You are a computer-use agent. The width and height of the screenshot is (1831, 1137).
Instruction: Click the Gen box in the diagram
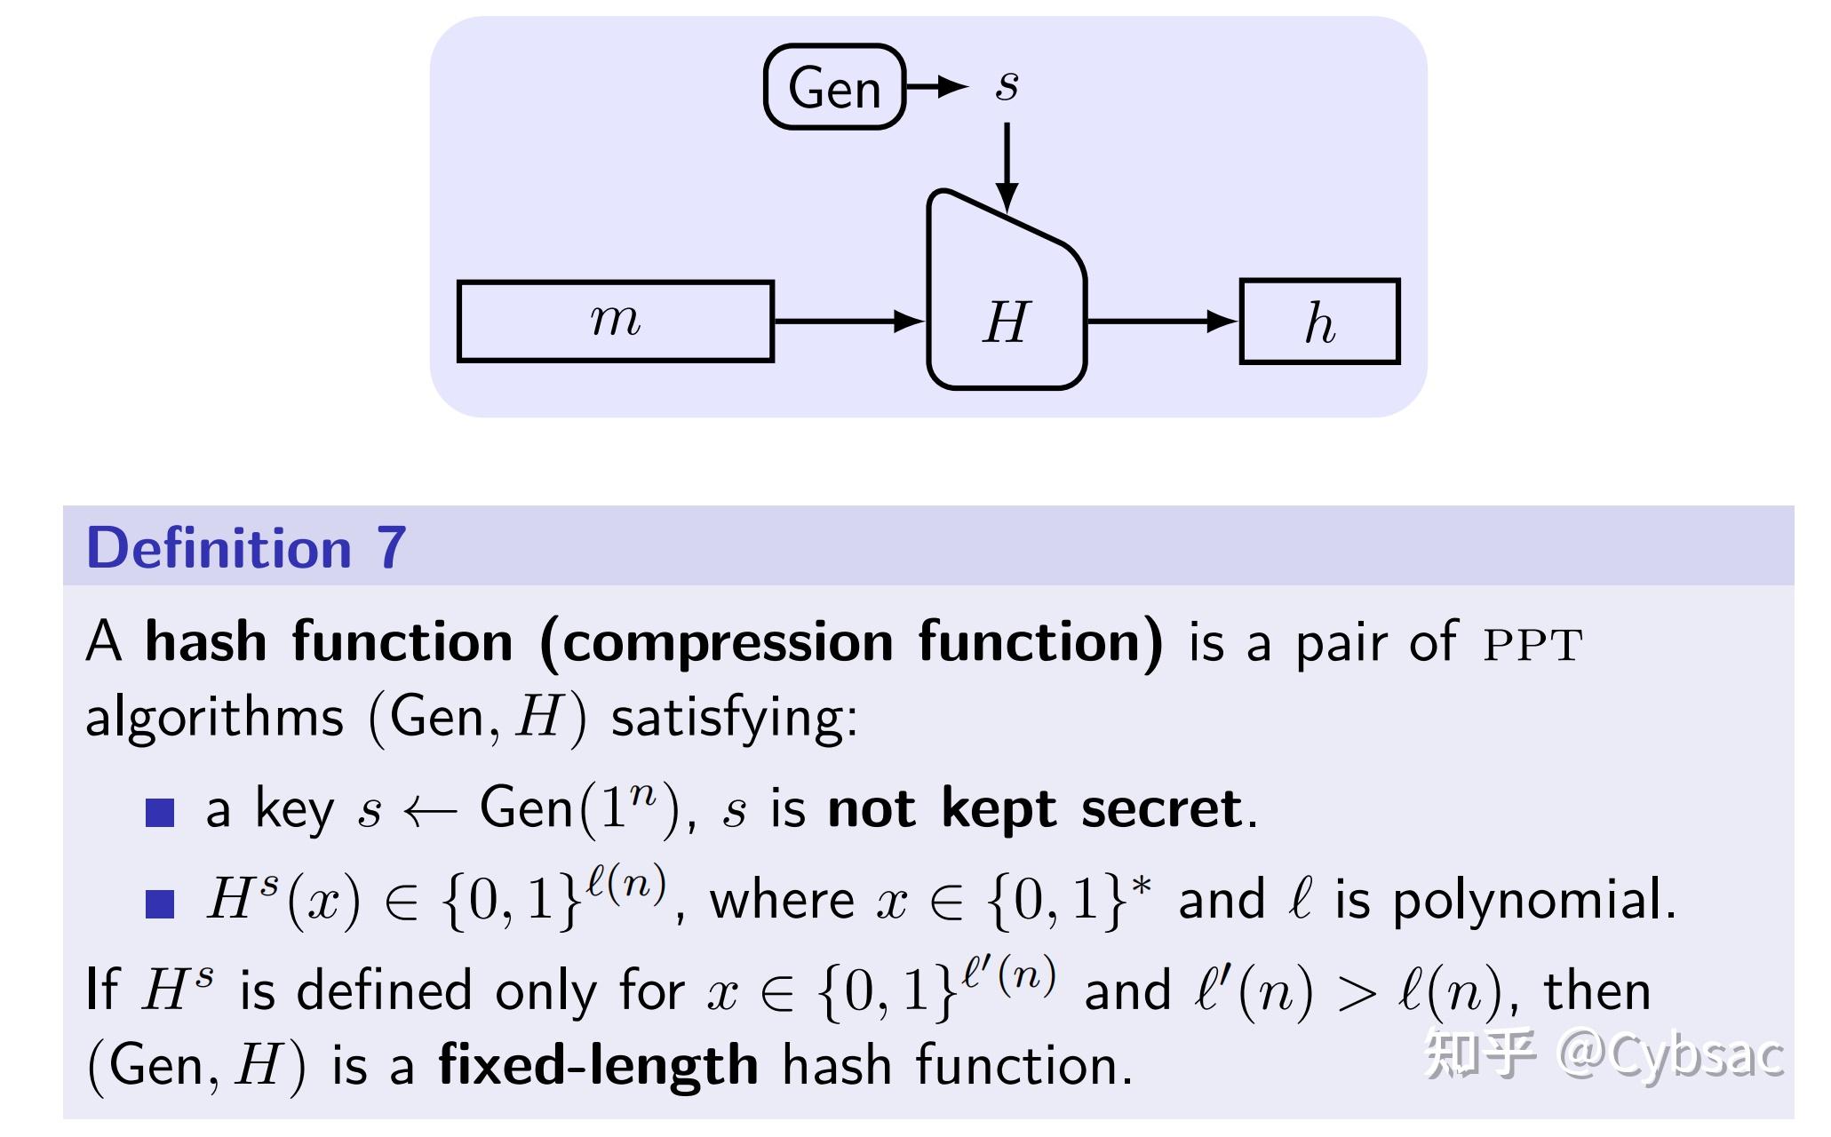[x=834, y=87]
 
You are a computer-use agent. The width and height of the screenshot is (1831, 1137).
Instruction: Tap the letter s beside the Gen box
[x=1007, y=85]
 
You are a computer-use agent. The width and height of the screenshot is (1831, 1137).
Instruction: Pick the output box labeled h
[x=1319, y=322]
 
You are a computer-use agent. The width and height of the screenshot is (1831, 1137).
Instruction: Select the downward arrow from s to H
[x=1007, y=168]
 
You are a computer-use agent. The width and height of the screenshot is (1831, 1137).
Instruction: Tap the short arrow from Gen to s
[x=936, y=86]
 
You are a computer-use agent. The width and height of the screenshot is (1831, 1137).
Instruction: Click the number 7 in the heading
[x=392, y=547]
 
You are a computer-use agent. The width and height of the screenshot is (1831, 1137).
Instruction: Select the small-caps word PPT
[x=1533, y=645]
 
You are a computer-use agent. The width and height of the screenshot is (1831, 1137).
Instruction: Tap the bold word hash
[x=206, y=641]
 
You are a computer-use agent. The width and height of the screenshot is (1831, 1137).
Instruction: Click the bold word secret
[x=1162, y=809]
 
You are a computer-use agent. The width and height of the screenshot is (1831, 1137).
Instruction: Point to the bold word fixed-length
[x=598, y=1065]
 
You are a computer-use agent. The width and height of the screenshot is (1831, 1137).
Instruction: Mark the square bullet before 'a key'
[x=160, y=812]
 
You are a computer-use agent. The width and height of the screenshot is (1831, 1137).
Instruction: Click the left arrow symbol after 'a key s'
[x=430, y=811]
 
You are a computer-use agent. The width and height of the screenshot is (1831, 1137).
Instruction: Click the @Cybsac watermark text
[x=1670, y=1055]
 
